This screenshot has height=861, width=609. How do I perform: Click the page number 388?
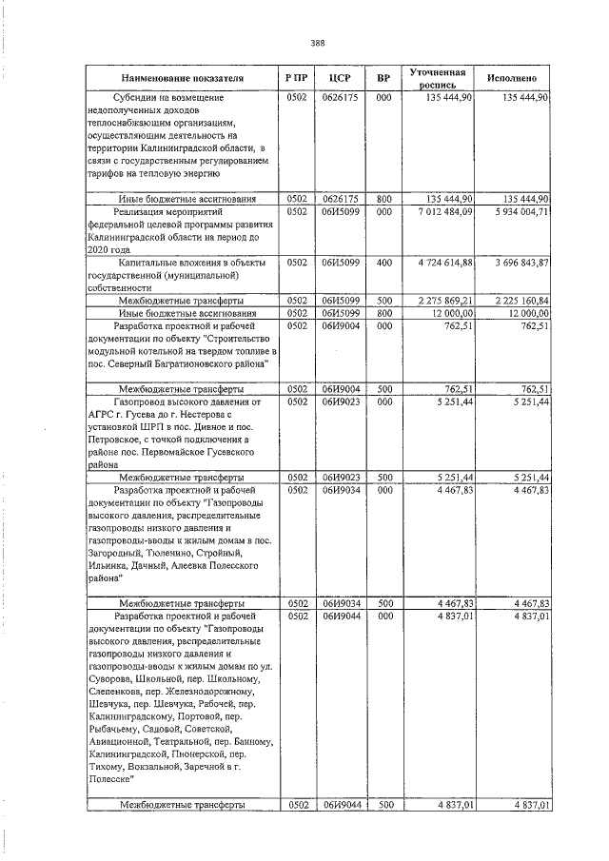[x=318, y=42]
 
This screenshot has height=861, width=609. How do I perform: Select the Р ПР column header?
[x=296, y=77]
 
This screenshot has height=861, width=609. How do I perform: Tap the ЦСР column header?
[x=341, y=77]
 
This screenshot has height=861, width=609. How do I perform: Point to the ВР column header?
[x=383, y=77]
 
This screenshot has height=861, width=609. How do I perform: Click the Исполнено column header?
[x=512, y=77]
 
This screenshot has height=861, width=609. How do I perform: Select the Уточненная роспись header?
[x=437, y=78]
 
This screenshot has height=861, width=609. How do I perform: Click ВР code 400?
[x=383, y=262]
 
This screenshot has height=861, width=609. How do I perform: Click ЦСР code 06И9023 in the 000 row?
[x=340, y=402]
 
